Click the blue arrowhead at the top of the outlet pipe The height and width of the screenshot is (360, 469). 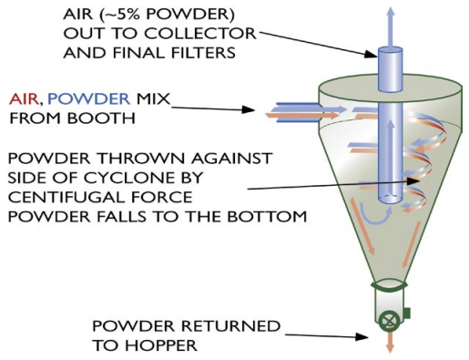coord(390,10)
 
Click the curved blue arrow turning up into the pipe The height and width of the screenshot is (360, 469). coord(370,211)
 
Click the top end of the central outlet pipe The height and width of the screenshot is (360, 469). coord(390,41)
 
